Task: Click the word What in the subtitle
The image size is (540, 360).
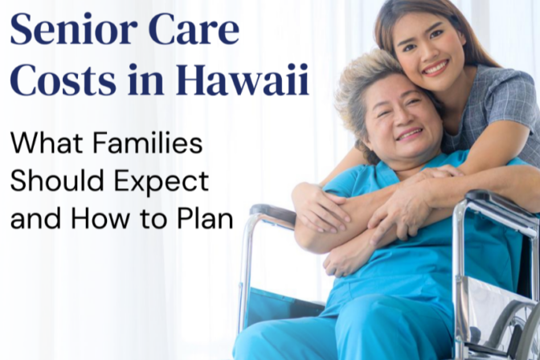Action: pos(44,145)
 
